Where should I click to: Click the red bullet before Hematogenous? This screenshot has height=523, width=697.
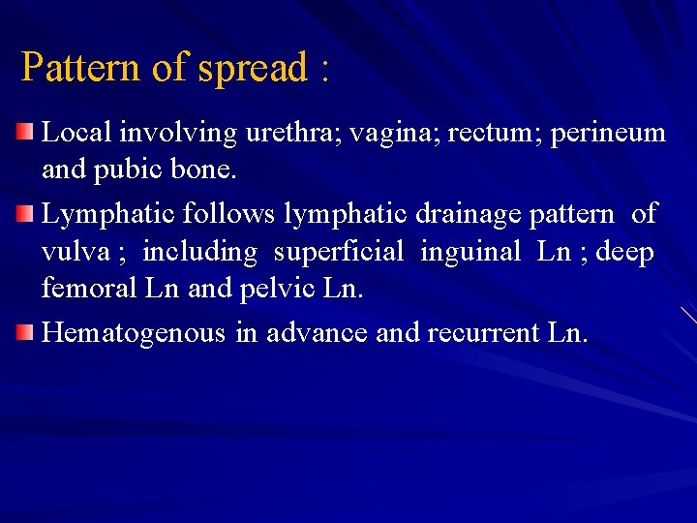(28, 333)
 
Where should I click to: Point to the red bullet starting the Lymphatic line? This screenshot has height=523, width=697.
(28, 212)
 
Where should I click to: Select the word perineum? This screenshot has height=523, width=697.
(608, 133)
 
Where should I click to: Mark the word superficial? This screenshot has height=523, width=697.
(338, 253)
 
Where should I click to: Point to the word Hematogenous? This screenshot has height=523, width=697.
(134, 334)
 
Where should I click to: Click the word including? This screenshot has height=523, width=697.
(199, 253)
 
